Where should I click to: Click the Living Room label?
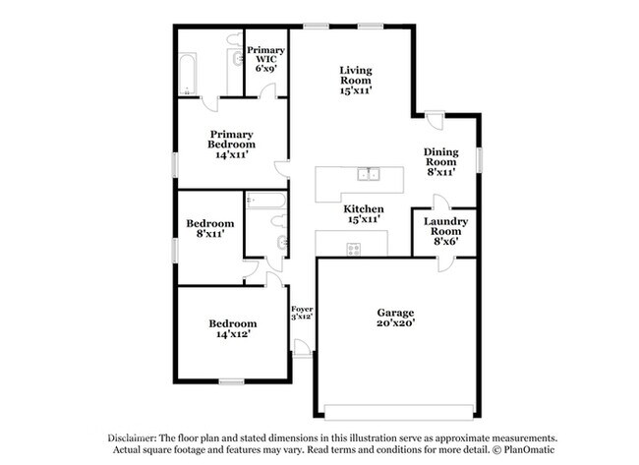click(x=356, y=81)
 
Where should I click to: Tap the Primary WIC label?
click(x=265, y=59)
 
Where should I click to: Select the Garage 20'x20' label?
click(x=396, y=318)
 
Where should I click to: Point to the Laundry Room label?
click(x=445, y=231)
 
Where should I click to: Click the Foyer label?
click(x=302, y=313)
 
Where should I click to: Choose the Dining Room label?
click(x=441, y=162)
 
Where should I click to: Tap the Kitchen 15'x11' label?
click(x=364, y=214)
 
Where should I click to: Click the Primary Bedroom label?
click(x=231, y=145)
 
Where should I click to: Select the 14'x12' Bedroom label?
click(x=233, y=328)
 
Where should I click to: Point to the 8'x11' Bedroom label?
click(x=209, y=228)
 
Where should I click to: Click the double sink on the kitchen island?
click(x=368, y=174)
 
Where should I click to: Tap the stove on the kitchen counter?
click(x=353, y=250)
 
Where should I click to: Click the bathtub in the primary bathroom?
click(x=188, y=74)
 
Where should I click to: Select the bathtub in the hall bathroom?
click(x=266, y=201)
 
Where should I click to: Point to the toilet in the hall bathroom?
click(x=279, y=221)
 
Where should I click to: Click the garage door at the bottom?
click(x=398, y=412)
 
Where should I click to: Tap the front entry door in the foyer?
click(x=302, y=348)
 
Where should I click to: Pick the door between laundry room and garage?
click(x=446, y=264)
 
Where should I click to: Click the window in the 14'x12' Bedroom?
click(x=231, y=381)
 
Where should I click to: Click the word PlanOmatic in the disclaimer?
click(x=529, y=450)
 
